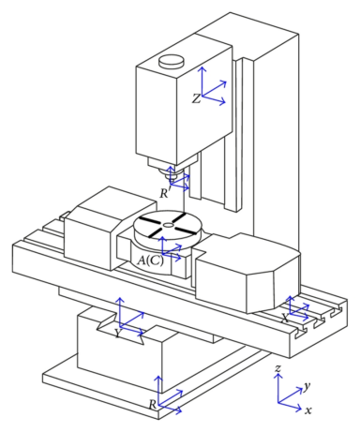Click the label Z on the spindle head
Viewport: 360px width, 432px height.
point(196,98)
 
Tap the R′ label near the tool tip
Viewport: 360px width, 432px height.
point(165,193)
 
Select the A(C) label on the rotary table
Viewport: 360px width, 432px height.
point(150,261)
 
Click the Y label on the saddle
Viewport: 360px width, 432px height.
point(117,334)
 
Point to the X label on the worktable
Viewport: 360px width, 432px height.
point(285,318)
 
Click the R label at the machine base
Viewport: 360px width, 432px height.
point(152,405)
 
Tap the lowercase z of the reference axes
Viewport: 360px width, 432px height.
point(277,369)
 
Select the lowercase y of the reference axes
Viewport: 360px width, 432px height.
point(307,386)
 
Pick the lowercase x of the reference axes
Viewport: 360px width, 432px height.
point(308,410)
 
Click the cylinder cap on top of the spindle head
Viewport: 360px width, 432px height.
point(172,61)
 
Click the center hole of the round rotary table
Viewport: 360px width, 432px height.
point(169,225)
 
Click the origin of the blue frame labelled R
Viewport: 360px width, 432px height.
point(158,405)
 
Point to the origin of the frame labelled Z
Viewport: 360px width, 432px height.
point(202,96)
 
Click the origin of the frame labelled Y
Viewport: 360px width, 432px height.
point(119,326)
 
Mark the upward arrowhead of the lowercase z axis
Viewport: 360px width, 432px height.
point(277,376)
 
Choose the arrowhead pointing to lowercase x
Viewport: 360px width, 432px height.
point(299,408)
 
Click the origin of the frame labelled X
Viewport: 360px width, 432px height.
point(291,314)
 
